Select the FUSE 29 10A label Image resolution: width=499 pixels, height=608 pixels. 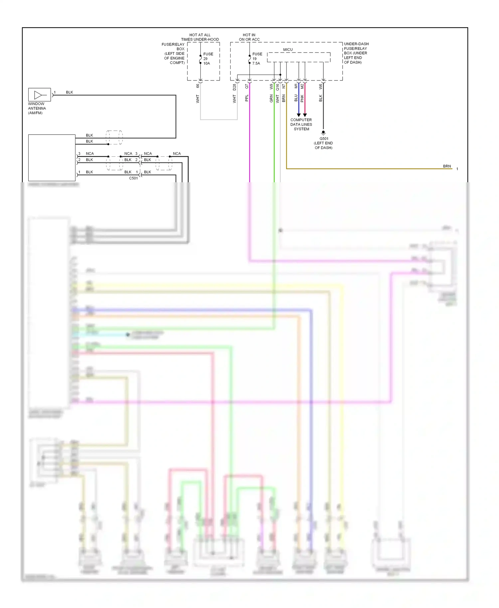point(208,59)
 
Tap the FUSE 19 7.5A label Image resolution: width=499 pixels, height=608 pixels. point(257,59)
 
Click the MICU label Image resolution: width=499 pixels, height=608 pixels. point(288,50)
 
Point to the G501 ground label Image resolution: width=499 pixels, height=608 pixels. point(324,139)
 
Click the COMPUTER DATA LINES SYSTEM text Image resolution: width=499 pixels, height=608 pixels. point(301,124)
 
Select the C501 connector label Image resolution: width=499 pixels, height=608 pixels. point(133,178)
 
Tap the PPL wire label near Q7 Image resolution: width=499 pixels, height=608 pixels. point(247,98)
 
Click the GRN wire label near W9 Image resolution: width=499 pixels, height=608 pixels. point(271,98)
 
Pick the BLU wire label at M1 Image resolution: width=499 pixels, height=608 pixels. point(296,98)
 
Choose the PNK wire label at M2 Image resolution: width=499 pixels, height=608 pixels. point(302,98)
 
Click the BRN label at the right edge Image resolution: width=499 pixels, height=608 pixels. point(447,166)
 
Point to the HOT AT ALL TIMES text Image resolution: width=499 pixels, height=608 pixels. point(200,37)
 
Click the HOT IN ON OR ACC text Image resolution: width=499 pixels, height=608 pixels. point(249,37)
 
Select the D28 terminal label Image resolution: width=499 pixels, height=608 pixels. point(234,87)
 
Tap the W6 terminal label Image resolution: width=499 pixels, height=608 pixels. point(320,86)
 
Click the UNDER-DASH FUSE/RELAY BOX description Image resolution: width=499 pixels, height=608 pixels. point(356,53)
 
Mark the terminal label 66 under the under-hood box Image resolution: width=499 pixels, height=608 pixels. point(198,86)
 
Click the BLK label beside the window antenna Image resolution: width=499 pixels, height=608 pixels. point(69,92)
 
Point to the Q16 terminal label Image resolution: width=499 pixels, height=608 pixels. point(277,87)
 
